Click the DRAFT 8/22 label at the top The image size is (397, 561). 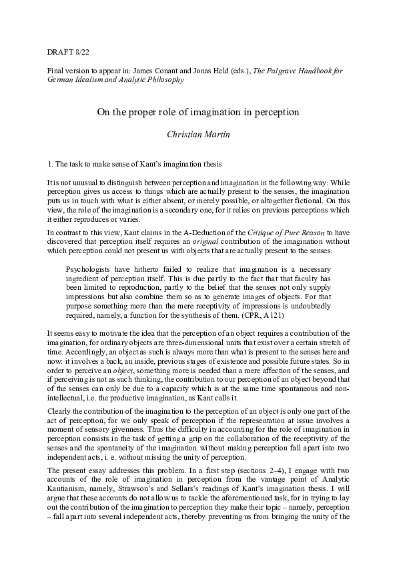tap(65, 51)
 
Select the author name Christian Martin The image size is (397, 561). tap(198, 135)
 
